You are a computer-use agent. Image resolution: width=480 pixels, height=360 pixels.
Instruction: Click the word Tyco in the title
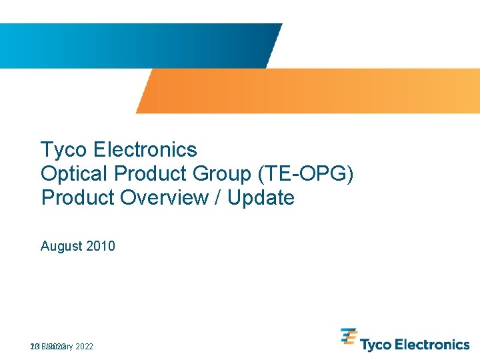click(61, 149)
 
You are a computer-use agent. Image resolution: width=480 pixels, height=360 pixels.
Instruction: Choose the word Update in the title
click(261, 198)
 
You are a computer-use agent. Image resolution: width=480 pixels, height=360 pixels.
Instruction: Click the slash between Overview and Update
click(219, 198)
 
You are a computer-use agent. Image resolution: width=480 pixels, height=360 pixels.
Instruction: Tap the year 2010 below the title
click(101, 246)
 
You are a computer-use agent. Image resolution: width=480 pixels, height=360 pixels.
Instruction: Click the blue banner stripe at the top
click(133, 45)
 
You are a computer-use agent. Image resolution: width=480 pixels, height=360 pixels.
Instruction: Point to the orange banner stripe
click(307, 91)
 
